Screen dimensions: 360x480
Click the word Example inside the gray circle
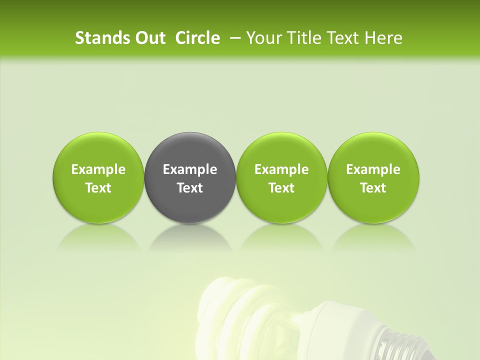[190, 169]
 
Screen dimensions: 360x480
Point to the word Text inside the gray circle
[190, 188]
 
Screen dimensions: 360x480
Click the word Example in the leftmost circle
[98, 169]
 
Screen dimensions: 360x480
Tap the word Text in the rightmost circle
[373, 188]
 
